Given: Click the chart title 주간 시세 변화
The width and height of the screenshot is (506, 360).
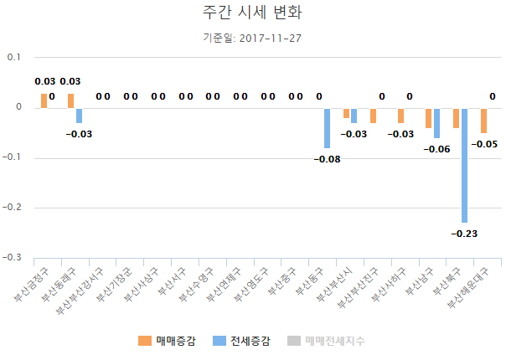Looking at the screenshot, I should [252, 13].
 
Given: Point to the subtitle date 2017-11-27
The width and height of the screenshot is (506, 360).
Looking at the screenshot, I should [269, 38].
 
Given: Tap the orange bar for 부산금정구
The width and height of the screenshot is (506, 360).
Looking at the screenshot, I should [44, 100].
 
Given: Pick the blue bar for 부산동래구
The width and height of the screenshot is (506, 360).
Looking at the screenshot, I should [80, 115].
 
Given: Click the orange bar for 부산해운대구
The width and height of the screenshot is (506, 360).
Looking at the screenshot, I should [483, 120].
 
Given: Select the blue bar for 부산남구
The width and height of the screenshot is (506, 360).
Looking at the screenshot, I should [436, 122].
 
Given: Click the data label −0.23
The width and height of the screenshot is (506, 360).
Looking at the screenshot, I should [463, 234].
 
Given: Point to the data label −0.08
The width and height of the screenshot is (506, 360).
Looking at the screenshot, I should [327, 159].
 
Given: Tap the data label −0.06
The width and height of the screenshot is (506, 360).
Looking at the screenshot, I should [436, 149].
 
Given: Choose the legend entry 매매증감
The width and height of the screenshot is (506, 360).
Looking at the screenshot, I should [168, 341].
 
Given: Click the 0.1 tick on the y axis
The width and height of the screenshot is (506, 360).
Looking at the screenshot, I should [14, 57].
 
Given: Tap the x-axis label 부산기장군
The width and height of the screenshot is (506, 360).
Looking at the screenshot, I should [114, 284].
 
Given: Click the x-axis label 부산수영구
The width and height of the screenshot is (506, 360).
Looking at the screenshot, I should [197, 284].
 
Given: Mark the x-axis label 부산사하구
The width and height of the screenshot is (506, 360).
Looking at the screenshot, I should [390, 284].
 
